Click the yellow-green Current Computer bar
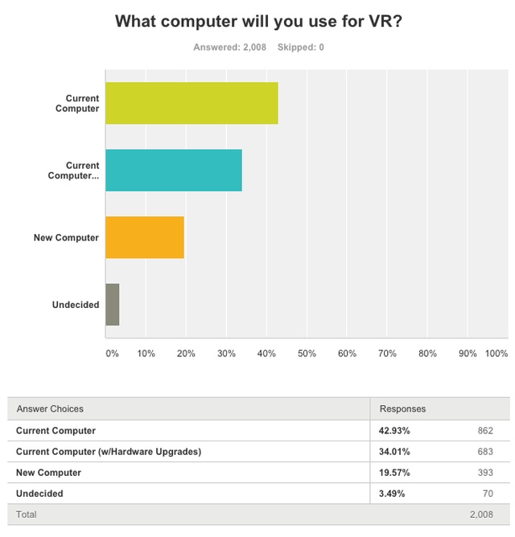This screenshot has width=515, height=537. click(192, 103)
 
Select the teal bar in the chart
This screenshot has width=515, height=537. click(174, 170)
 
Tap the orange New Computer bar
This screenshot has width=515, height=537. click(145, 237)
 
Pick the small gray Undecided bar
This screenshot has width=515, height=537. click(113, 305)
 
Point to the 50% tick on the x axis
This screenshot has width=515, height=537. click(307, 353)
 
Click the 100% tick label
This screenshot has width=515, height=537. click(496, 353)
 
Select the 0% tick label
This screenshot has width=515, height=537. click(113, 353)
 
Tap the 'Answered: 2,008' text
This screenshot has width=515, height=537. click(230, 47)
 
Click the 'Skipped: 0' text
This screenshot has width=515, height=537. click(301, 47)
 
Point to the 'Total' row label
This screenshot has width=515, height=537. click(27, 514)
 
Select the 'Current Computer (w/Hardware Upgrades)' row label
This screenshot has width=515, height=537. click(109, 451)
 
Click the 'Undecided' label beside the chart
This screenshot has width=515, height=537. click(76, 305)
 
